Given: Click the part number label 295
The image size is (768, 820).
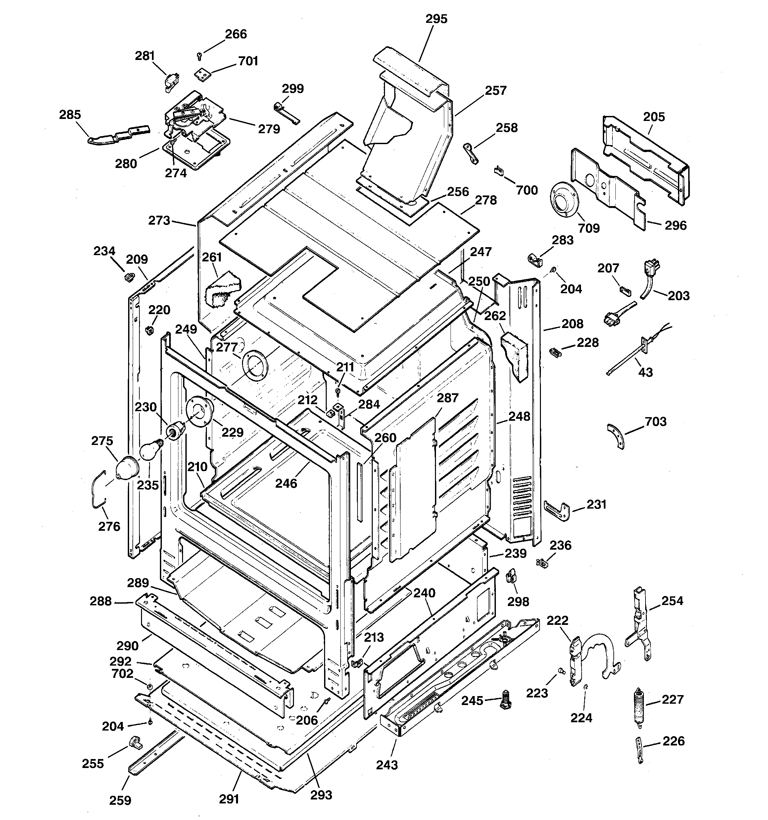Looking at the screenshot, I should (436, 19).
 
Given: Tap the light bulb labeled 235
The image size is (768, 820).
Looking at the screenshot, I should (150, 450).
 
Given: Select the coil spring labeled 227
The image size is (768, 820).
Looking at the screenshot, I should (639, 704).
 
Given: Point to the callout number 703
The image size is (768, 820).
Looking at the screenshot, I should (655, 421).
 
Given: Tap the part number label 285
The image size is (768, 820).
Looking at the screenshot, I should (70, 115).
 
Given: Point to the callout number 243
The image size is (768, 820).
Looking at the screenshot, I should (387, 765).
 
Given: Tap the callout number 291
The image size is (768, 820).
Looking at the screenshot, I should (229, 799).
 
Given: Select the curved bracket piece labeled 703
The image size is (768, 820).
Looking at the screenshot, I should (617, 436).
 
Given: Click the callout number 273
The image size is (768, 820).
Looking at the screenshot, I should (159, 221).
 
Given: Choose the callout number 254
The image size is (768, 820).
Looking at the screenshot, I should (672, 601).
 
